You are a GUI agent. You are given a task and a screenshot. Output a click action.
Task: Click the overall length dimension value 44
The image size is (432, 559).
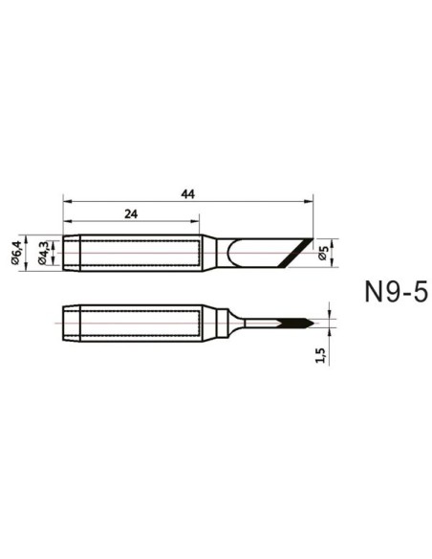point(187,194)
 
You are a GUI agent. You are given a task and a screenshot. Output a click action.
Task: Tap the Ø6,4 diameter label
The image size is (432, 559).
point(16,253)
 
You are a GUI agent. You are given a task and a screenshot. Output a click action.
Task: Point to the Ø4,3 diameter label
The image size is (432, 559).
point(42,253)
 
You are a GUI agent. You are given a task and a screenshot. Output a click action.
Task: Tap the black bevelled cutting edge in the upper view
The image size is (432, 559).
point(297,254)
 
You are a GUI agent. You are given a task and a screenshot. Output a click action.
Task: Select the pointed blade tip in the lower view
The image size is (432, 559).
point(308,322)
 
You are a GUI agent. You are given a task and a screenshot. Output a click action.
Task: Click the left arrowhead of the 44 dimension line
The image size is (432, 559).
point(66,201)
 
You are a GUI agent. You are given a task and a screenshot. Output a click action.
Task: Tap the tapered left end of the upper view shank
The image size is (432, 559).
point(70,253)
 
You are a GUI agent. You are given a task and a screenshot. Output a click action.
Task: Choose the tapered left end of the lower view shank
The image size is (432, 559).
point(70,322)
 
